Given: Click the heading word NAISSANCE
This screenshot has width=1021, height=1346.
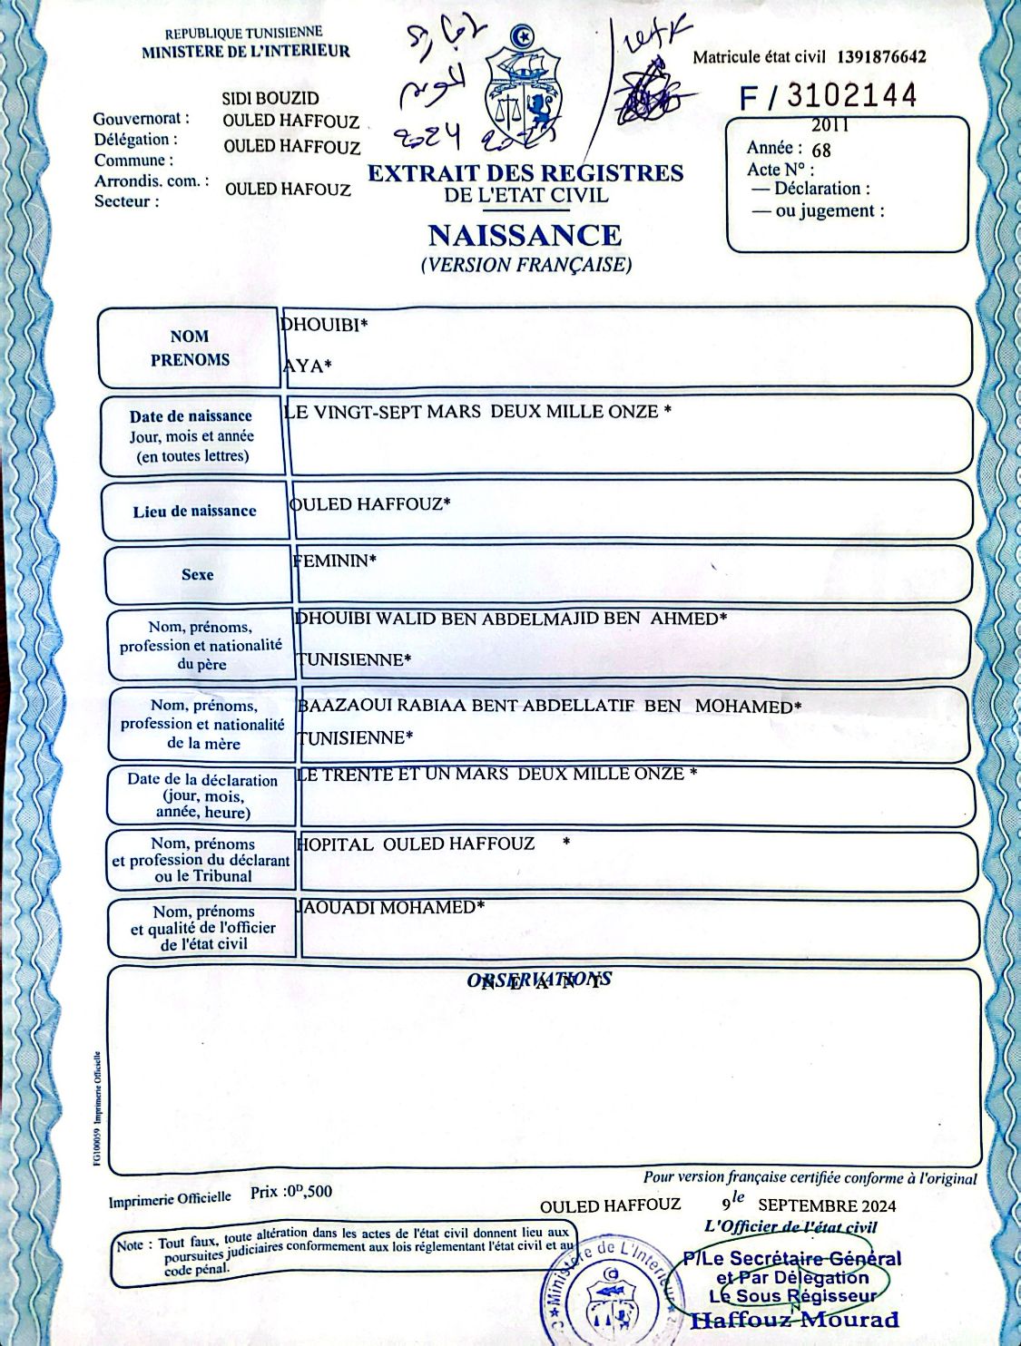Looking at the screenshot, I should click(x=525, y=236).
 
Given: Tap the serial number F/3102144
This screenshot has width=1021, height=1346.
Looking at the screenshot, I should click(x=829, y=96).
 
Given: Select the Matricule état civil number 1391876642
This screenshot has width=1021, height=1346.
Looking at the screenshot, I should click(x=881, y=57).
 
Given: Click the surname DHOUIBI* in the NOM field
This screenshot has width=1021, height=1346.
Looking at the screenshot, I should click(x=324, y=324).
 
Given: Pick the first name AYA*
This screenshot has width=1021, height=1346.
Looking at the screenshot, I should click(x=308, y=366).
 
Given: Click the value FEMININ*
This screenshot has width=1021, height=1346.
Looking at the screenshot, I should click(x=334, y=561).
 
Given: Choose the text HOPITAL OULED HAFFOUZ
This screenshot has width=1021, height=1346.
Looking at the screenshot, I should click(x=417, y=844).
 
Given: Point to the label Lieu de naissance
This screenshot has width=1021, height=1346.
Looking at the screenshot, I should click(x=194, y=512).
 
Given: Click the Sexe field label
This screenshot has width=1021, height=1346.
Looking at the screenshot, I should click(x=197, y=574).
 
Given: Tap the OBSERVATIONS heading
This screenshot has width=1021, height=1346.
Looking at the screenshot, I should click(x=539, y=980).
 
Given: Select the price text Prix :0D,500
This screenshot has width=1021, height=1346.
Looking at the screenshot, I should click(x=291, y=1192).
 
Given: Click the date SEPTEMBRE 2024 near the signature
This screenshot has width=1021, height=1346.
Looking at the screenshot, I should click(x=827, y=1205).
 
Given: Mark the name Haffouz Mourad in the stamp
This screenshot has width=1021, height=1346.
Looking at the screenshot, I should click(x=795, y=1320).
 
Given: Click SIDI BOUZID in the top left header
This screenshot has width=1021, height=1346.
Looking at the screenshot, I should click(x=270, y=98).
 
